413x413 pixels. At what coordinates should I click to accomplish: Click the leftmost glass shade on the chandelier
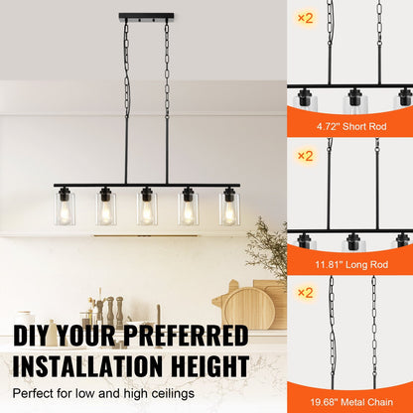65,208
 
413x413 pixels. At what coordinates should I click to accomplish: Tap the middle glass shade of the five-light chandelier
147,208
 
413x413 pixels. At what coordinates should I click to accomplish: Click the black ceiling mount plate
146,17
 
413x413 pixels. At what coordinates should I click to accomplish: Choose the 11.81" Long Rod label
349,265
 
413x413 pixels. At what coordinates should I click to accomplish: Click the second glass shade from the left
106,208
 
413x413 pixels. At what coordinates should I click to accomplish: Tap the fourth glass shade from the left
189,208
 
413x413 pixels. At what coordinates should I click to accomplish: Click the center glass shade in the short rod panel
352,102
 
